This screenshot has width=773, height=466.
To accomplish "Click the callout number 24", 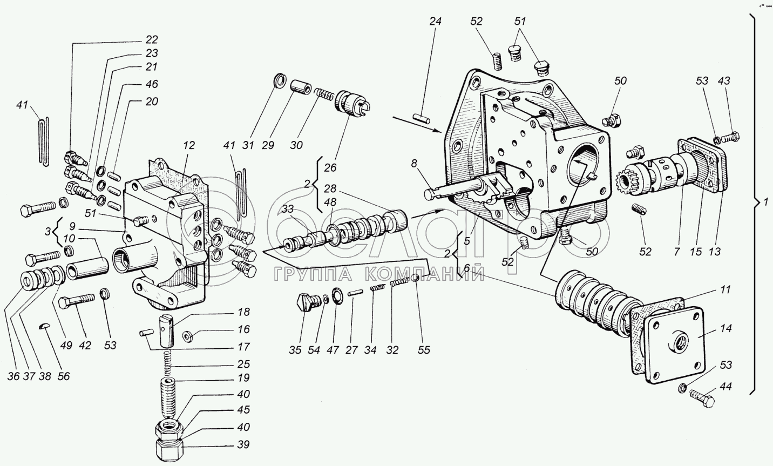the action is (x=435, y=22).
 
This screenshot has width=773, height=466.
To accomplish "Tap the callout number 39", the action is (x=243, y=444).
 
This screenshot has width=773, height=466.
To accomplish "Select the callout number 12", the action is (x=188, y=145).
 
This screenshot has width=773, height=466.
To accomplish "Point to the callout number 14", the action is (x=725, y=328).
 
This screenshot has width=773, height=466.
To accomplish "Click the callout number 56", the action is (x=64, y=376).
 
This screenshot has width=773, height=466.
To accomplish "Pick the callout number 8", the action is (x=414, y=163).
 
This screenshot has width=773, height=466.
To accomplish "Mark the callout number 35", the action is (x=295, y=350).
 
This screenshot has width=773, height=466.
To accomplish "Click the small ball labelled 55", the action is (x=416, y=278).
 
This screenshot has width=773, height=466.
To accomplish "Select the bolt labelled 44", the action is (x=702, y=399).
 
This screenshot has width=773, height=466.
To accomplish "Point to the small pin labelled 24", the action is (x=422, y=118).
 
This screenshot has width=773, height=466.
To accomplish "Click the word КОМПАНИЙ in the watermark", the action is (x=424, y=274).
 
